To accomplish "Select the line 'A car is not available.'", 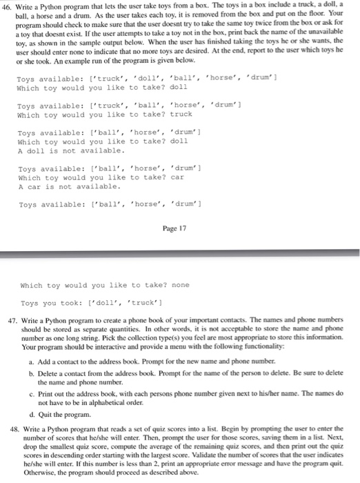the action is pyautogui.click(x=69, y=186).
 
